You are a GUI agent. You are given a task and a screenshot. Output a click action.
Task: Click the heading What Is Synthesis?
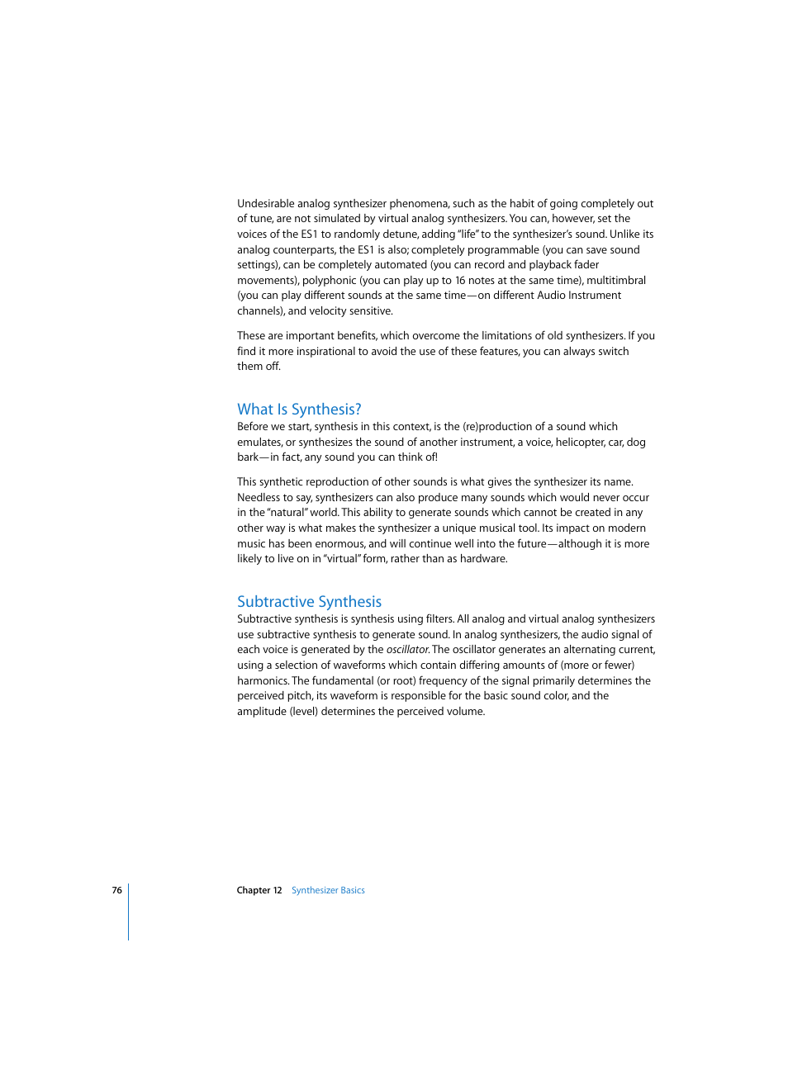299,410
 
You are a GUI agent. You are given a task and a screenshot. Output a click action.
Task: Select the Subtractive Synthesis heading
309,602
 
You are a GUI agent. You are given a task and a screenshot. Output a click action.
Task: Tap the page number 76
117,890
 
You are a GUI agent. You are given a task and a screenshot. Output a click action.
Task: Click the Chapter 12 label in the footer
259,890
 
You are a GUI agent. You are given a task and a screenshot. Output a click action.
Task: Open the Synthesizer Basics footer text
328,890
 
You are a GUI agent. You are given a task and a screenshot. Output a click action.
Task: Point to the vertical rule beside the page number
129,912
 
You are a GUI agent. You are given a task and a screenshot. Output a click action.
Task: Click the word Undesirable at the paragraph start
266,204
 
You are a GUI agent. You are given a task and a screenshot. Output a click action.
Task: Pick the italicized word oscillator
407,650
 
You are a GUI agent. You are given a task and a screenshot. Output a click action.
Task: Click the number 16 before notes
460,281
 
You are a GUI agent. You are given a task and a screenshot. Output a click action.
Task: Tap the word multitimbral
616,281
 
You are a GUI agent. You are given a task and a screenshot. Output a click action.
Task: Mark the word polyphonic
329,281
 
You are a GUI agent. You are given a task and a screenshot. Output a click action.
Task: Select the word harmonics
263,681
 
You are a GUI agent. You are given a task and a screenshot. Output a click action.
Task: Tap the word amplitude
262,712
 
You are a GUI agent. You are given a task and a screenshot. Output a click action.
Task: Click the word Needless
259,498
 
